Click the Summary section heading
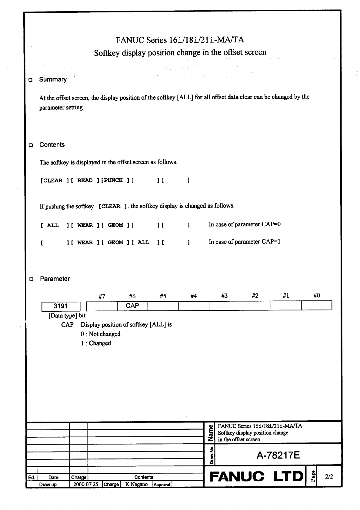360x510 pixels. pyautogui.click(x=53, y=80)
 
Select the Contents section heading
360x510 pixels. pyautogui.click(x=52, y=145)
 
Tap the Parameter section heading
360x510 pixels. pyautogui.click(x=55, y=279)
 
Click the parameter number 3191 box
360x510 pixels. pyautogui.click(x=61, y=306)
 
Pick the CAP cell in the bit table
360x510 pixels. pyautogui.click(x=132, y=306)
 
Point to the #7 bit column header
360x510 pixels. pyautogui.click(x=102, y=296)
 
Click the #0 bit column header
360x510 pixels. pyautogui.click(x=316, y=295)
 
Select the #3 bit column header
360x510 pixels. pyautogui.click(x=224, y=296)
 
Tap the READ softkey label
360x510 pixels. pyautogui.click(x=85, y=180)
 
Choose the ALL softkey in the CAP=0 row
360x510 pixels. pyautogui.click(x=53, y=225)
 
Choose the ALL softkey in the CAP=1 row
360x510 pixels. pyautogui.click(x=143, y=243)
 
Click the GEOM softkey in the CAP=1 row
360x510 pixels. pyautogui.click(x=115, y=243)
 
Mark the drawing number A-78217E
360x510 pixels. pyautogui.click(x=278, y=455)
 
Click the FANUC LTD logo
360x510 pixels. pyautogui.click(x=256, y=477)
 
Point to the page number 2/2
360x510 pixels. pyautogui.click(x=329, y=477)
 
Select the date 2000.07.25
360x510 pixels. pyautogui.click(x=86, y=484)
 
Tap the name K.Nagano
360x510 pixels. pyautogui.click(x=136, y=484)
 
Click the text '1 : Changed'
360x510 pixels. pyautogui.click(x=95, y=343)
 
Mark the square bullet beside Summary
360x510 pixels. pyautogui.click(x=30, y=80)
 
